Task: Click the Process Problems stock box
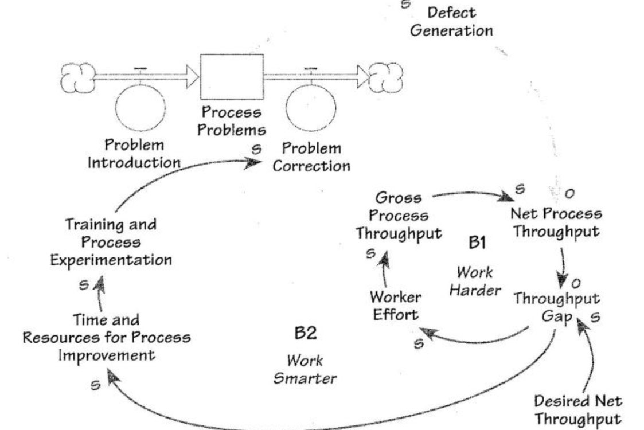[x=231, y=76]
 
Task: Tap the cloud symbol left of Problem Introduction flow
[x=78, y=77]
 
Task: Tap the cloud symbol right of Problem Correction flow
[x=386, y=77]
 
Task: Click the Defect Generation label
[x=451, y=21]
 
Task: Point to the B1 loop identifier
[x=477, y=243]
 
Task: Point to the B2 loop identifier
[x=305, y=333]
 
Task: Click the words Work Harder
[x=474, y=281]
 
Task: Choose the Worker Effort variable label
[x=395, y=306]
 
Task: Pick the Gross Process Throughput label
[x=399, y=216]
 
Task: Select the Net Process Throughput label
[x=556, y=222]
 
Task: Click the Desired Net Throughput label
[x=577, y=409]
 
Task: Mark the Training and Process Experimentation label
[x=111, y=241]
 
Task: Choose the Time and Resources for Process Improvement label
[x=107, y=337]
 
